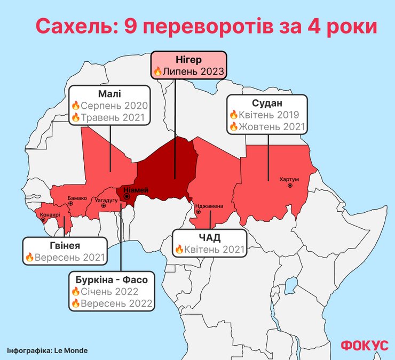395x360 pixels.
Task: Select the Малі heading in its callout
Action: [x=109, y=93]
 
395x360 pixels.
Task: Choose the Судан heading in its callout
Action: [x=267, y=102]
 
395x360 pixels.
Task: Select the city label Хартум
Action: [x=289, y=179]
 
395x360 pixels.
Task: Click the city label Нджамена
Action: [x=210, y=205]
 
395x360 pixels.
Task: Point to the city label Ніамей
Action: [x=136, y=190]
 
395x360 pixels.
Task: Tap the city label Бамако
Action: [x=77, y=198]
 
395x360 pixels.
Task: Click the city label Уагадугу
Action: [x=106, y=201]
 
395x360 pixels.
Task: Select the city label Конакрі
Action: [x=50, y=215]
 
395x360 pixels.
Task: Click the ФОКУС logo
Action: [x=365, y=345]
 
